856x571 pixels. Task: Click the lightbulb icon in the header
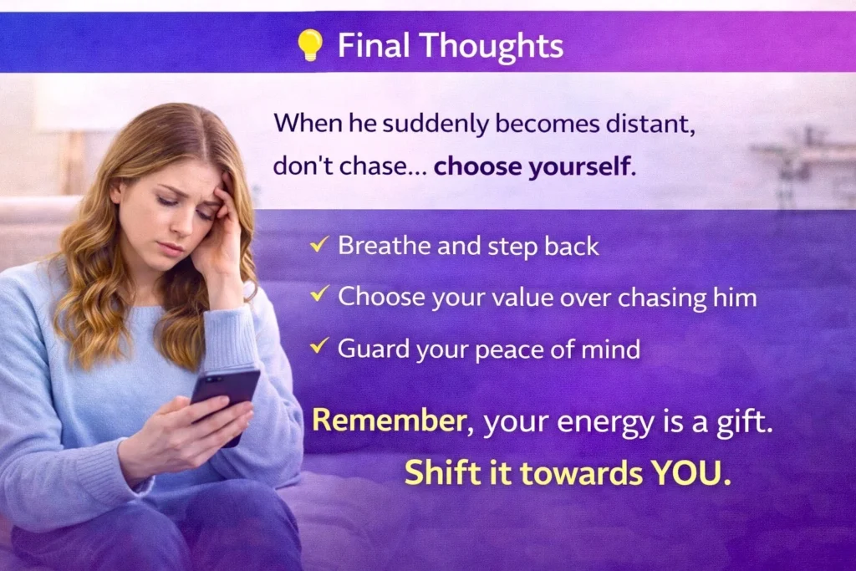pos(310,45)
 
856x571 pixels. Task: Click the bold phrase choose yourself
pos(530,166)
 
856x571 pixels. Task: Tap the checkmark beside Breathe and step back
pos(318,245)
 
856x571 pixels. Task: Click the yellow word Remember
pos(388,421)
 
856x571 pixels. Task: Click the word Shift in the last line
pos(435,473)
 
